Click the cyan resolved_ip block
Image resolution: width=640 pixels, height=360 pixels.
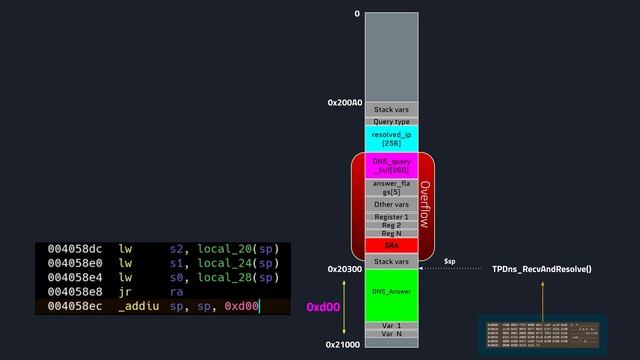pyautogui.click(x=391, y=139)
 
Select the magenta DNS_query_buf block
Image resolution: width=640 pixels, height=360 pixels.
pyautogui.click(x=391, y=165)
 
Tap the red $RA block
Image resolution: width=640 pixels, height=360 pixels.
pyautogui.click(x=391, y=245)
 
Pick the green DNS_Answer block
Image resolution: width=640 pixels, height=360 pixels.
pyautogui.click(x=391, y=292)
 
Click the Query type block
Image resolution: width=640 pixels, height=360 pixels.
pyautogui.click(x=391, y=121)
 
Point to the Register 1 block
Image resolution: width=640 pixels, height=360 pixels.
pyautogui.click(x=391, y=216)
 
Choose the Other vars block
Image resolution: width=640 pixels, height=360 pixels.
pyautogui.click(x=391, y=204)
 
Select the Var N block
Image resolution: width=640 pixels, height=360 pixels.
pyautogui.click(x=391, y=335)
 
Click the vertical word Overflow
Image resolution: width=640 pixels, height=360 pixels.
pyautogui.click(x=425, y=204)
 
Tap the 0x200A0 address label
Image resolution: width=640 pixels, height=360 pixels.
pyautogui.click(x=344, y=102)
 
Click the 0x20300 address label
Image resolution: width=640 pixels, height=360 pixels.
pyautogui.click(x=344, y=269)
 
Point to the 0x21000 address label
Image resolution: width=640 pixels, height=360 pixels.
pyautogui.click(x=344, y=344)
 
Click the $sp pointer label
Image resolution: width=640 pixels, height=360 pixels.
pyautogui.click(x=450, y=261)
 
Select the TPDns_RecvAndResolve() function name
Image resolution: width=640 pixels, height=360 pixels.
pyautogui.click(x=542, y=269)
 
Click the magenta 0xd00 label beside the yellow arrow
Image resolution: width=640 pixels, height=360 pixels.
pyautogui.click(x=324, y=306)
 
